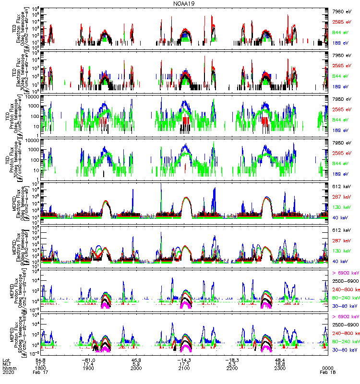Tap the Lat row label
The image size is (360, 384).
point(6,360)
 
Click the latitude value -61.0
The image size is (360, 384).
point(88,360)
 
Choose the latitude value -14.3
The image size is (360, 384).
point(184,360)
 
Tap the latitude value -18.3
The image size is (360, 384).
point(232,360)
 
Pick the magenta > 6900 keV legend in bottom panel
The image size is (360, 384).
point(346,317)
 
